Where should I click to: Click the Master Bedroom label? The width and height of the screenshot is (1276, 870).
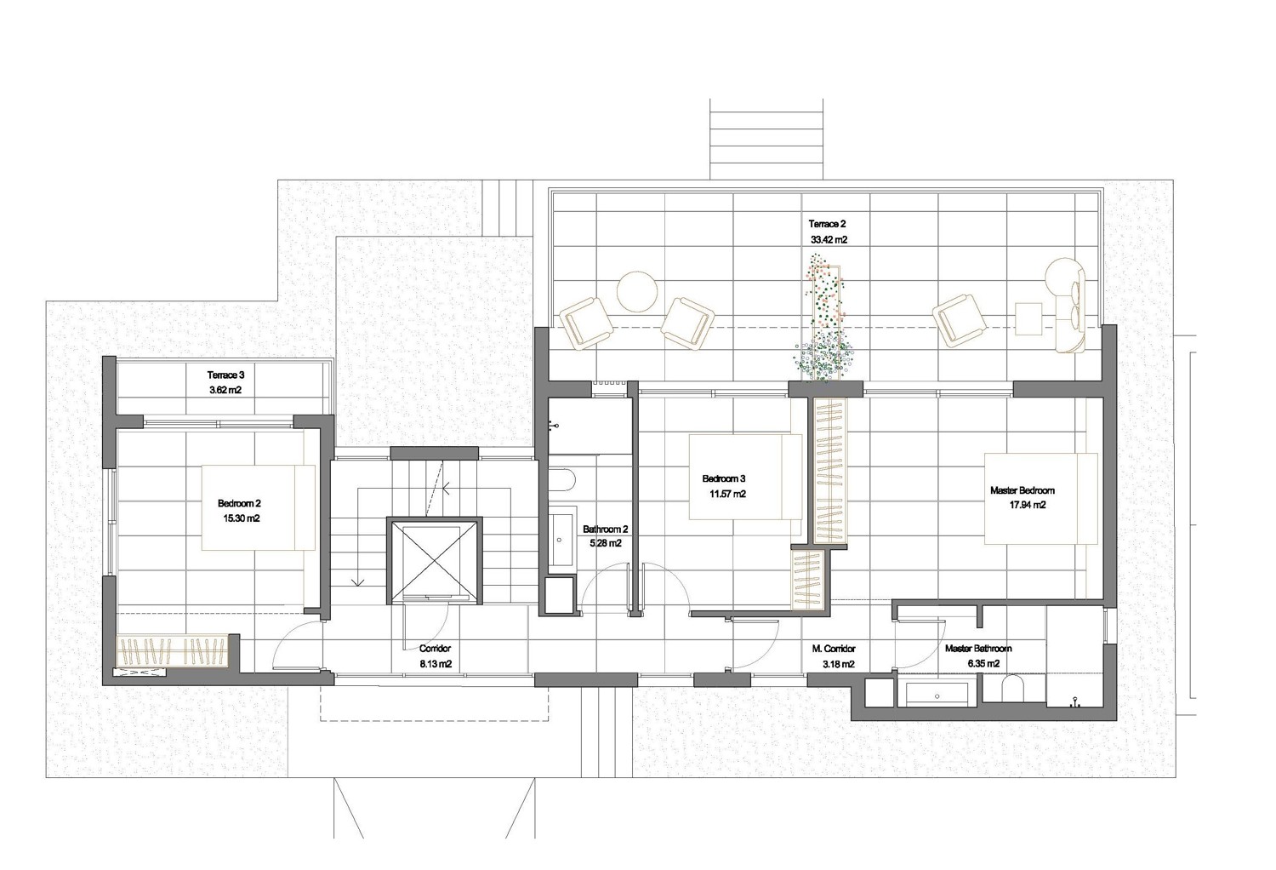click(1022, 490)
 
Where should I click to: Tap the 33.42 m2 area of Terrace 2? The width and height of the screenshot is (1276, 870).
click(829, 240)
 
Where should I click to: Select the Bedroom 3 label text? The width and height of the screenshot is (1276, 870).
click(723, 479)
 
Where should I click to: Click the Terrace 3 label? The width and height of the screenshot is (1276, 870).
click(225, 375)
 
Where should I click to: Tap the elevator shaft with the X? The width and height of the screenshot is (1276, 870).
click(435, 560)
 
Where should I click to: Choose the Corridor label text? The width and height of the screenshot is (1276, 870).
click(436, 648)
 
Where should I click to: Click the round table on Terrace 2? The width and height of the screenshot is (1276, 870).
click(637, 291)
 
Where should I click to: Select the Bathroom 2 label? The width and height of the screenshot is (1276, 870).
click(606, 529)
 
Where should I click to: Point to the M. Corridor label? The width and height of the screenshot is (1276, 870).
click(834, 649)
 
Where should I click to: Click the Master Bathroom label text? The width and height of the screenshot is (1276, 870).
click(978, 649)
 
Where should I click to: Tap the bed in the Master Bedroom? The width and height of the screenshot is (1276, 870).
click(1040, 499)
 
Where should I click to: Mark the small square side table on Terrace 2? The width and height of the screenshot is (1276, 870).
click(1028, 318)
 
